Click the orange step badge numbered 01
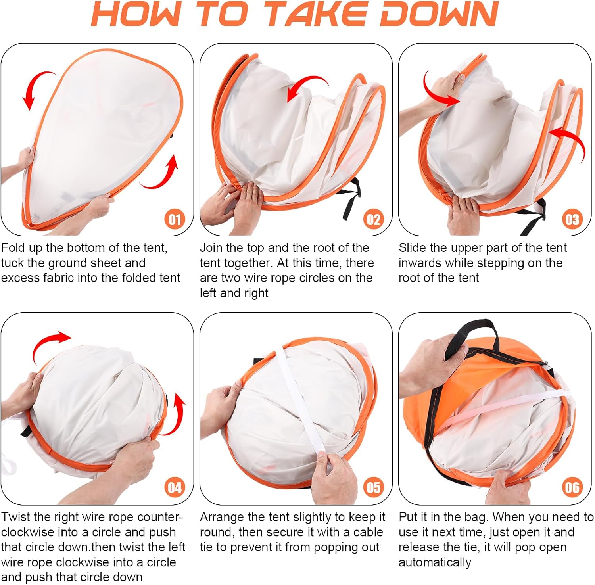(x=175, y=219)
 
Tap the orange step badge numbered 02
(x=373, y=219)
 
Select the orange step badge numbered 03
(x=572, y=219)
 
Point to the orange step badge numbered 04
(x=175, y=487)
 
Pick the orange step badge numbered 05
(x=373, y=487)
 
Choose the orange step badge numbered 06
(x=572, y=487)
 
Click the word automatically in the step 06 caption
(x=435, y=562)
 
